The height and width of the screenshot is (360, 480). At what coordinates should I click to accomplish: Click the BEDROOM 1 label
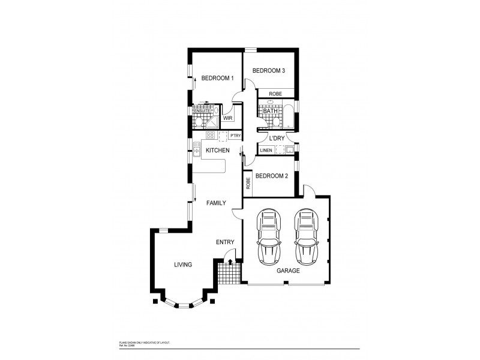coord(217,77)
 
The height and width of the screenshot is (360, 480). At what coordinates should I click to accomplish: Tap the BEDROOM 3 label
coord(268,71)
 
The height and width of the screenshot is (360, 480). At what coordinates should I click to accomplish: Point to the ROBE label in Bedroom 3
coord(275,94)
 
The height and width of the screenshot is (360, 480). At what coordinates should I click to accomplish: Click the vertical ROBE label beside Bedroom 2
coord(247,182)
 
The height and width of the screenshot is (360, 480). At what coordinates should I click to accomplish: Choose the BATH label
coord(270,110)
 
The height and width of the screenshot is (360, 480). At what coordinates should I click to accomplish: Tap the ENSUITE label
coord(202,111)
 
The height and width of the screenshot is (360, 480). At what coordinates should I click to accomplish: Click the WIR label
coord(227,118)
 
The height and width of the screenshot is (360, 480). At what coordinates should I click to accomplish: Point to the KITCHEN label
coord(218,150)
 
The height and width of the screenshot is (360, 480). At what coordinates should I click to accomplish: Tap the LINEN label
coord(266,150)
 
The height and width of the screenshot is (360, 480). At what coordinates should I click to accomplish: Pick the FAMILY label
coord(216,203)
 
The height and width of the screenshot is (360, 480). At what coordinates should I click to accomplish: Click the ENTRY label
coord(225,242)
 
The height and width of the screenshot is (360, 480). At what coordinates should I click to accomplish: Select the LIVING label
coord(183,264)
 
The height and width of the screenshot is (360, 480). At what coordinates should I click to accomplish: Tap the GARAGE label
coord(288,271)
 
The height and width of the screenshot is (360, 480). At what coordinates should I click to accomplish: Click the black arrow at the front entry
coord(230,262)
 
